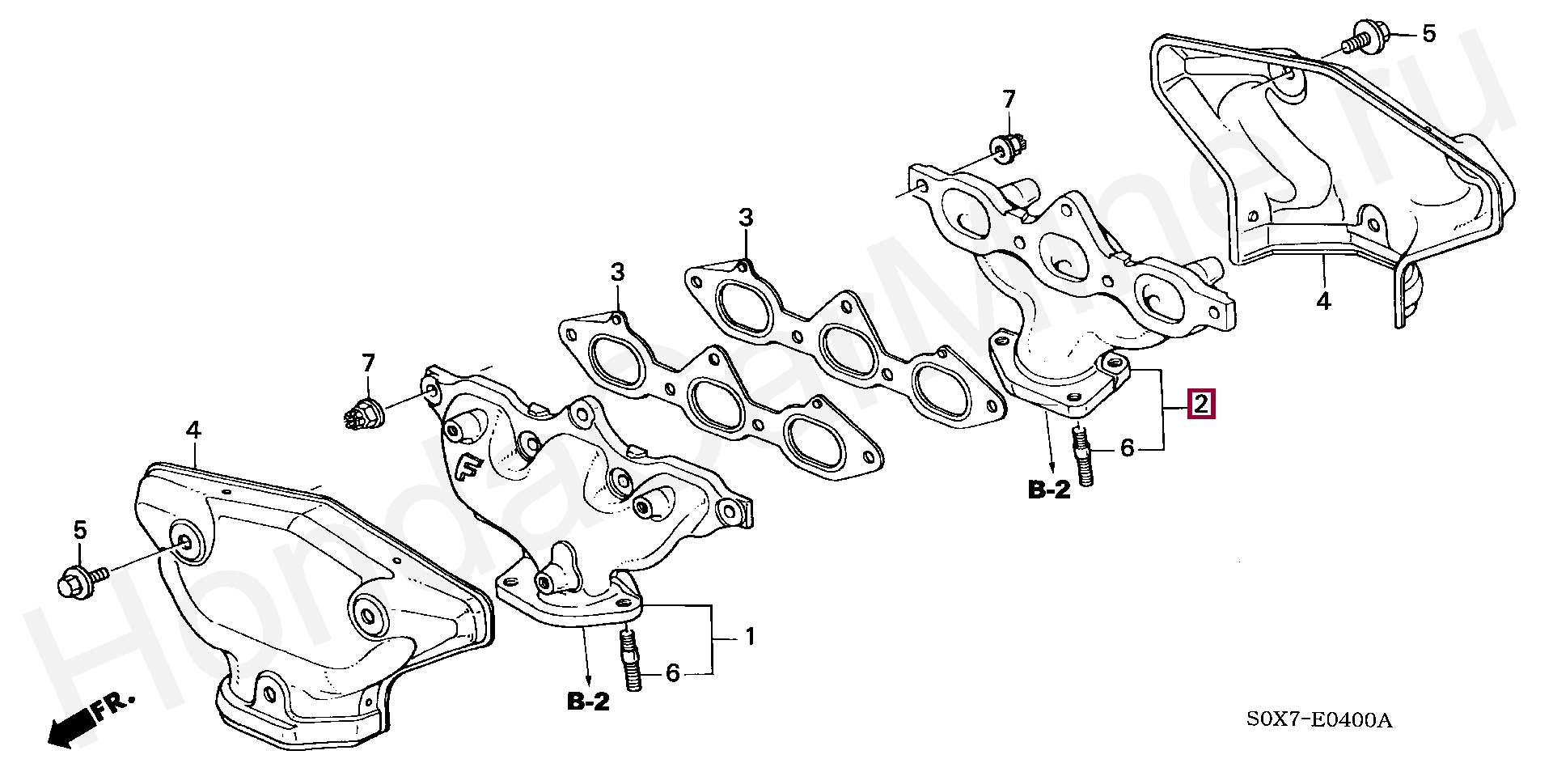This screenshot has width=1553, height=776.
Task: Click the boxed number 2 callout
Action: tap(1200, 403)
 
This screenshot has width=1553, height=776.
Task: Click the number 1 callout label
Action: tap(750, 637)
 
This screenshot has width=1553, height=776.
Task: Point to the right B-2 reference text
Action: tap(1049, 490)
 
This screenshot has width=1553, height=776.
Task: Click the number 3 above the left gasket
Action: tap(617, 273)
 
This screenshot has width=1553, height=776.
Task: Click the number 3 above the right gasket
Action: tap(745, 218)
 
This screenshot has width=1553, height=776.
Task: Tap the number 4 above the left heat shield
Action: tap(193, 430)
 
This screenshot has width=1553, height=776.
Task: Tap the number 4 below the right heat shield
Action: tap(1322, 301)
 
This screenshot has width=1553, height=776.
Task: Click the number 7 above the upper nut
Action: tap(1008, 100)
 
